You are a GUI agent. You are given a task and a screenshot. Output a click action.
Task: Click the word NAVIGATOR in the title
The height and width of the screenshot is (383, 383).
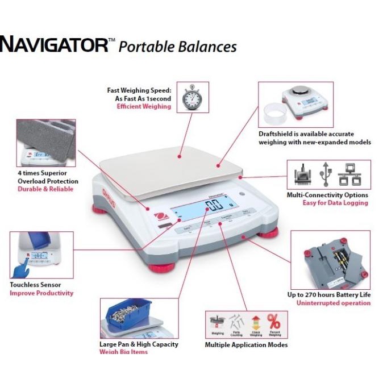coord(54,45)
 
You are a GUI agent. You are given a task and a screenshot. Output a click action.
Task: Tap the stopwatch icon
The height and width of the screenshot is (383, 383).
coord(192,98)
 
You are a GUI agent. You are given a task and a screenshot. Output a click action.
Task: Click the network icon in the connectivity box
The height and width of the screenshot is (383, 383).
coord(348,174)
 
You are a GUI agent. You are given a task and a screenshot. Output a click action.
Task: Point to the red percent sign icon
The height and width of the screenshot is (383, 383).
coord(273,322)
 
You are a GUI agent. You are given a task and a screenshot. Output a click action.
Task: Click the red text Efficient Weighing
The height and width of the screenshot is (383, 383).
coord(144,106)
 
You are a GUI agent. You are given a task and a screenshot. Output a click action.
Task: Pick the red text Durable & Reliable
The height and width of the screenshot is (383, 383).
coord(45,189)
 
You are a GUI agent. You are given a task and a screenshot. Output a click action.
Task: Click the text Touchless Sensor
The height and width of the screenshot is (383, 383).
coord(35,285)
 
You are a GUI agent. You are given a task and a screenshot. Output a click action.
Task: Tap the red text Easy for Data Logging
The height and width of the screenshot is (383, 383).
coord(335,203)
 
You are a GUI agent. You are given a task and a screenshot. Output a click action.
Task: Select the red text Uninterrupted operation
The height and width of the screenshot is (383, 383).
coord(333,303)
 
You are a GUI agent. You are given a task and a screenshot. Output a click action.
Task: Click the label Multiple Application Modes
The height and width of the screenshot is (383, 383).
coord(246,345)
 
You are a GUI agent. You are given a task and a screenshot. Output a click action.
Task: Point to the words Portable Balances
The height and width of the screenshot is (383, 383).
coord(177,47)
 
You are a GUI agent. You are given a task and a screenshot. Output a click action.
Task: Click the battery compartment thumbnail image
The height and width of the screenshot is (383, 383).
coord(330,259)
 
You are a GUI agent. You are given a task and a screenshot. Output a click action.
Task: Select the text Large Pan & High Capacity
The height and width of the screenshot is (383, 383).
coord(139,344)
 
